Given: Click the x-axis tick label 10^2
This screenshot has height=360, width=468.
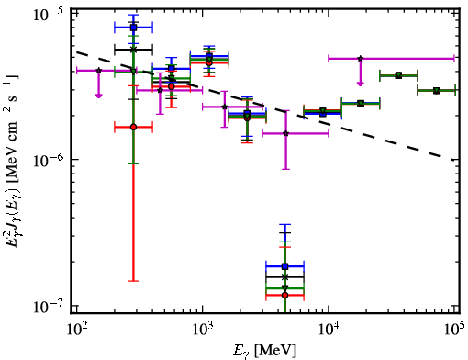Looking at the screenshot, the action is click(x=77, y=330).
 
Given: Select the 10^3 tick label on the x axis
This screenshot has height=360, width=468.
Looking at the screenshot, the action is click(x=203, y=330).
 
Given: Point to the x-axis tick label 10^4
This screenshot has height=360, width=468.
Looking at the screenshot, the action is click(x=329, y=330).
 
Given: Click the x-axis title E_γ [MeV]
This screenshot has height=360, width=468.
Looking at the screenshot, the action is click(x=264, y=351).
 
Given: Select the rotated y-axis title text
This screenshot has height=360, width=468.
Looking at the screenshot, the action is click(x=11, y=161).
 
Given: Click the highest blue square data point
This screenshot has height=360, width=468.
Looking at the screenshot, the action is click(x=133, y=28).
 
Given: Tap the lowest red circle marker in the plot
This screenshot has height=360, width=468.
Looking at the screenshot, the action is click(x=285, y=295).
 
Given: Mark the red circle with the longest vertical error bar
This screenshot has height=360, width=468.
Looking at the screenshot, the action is click(x=133, y=127).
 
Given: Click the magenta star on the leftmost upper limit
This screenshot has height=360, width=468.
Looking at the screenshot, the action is click(x=98, y=71).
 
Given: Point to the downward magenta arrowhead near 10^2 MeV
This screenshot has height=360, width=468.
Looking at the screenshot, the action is click(x=98, y=96).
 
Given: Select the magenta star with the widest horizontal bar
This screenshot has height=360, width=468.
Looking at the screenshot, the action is click(x=361, y=58).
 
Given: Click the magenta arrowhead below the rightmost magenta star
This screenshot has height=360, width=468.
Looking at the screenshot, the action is click(x=361, y=84).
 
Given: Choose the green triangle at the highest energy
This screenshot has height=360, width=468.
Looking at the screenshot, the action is click(x=437, y=91).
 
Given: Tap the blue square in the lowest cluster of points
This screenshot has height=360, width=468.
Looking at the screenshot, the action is click(x=285, y=266).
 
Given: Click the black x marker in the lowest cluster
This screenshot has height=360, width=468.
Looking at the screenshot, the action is click(x=285, y=276).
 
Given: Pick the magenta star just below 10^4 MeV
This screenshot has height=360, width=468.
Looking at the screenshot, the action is click(x=286, y=133).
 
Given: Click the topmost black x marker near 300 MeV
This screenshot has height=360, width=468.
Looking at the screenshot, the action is click(x=133, y=50).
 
